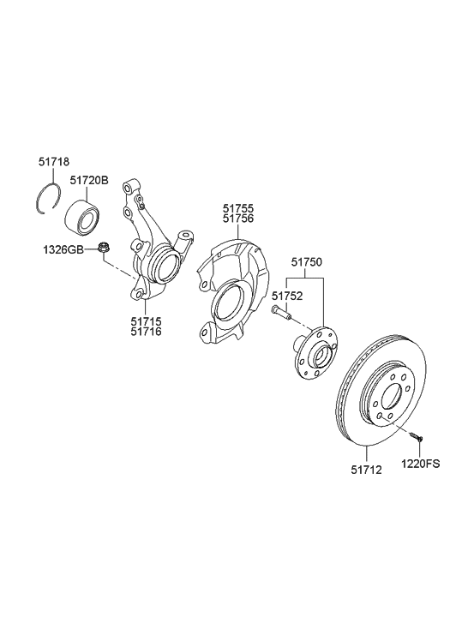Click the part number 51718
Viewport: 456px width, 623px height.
point(53,161)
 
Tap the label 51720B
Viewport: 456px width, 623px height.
point(89,181)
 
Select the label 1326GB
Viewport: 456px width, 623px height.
point(63,249)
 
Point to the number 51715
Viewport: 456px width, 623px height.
point(145,320)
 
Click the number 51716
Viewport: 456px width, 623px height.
point(145,332)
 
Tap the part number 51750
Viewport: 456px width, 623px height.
point(306,263)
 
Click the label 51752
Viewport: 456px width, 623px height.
point(287,296)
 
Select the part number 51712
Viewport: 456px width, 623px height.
point(366,469)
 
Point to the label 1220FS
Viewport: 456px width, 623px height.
point(420,464)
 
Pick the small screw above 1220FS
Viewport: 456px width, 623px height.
point(417,436)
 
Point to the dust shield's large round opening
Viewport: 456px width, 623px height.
point(228,306)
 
